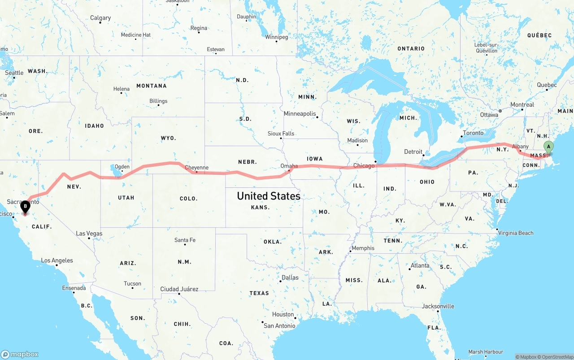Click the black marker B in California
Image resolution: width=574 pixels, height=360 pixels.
25,207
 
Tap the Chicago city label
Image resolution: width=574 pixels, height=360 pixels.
364,166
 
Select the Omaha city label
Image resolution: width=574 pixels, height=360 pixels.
289,166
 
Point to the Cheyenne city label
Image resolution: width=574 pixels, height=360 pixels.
197,168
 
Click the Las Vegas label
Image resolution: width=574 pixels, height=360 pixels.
89,234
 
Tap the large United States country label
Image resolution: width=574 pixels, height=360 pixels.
269,196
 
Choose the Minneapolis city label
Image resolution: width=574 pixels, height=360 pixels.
300,114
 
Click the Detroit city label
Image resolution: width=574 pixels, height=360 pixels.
413,152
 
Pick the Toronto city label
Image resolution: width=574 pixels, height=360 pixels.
473,133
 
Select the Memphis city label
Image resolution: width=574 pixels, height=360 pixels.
363,248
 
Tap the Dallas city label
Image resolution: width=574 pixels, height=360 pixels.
290,278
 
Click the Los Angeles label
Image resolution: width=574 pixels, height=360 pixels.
57,260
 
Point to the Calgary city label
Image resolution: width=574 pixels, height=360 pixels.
100,18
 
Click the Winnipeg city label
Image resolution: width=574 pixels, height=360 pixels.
276,37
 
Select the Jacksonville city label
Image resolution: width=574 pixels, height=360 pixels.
438,306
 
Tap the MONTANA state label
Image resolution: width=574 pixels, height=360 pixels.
152,86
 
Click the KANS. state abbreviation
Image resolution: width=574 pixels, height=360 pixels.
261,207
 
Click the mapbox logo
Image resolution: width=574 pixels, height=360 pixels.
20,354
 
